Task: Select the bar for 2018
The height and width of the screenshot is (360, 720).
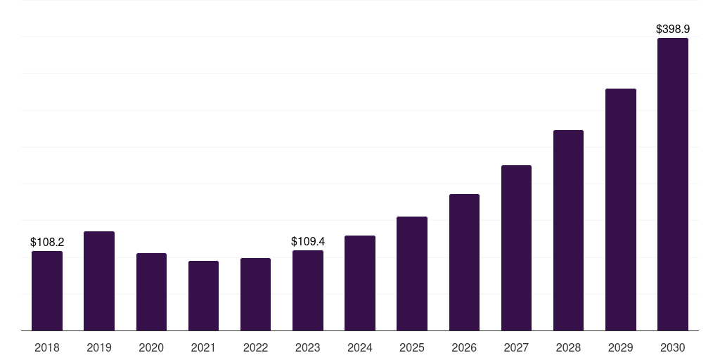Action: pos(47,290)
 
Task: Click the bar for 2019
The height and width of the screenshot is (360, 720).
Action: pos(99,281)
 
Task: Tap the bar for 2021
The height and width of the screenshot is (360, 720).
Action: pos(203,296)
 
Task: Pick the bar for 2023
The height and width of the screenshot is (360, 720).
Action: pos(308,290)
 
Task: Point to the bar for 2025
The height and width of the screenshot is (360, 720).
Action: pos(412,274)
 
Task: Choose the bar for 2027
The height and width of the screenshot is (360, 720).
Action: pos(516,248)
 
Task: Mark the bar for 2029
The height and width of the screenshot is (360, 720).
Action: pos(621,210)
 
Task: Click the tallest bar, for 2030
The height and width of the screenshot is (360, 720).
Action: pos(673,184)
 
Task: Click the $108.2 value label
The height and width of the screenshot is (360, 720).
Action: pos(47,242)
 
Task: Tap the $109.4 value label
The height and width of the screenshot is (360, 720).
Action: pos(308,242)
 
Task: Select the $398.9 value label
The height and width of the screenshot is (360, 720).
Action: pos(673,30)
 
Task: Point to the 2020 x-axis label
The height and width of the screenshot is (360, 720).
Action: pos(151,347)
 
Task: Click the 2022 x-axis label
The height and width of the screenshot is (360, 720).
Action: pos(255,347)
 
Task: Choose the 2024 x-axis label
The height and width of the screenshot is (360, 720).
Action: pos(360,347)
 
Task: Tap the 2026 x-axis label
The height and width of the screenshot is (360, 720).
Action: pos(464,347)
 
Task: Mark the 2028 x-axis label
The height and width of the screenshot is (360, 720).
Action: pos(568,347)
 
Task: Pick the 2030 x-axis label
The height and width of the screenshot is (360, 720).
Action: pos(673,347)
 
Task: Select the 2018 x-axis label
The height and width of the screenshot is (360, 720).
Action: pos(47,347)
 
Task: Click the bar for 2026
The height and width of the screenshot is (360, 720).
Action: pos(464,262)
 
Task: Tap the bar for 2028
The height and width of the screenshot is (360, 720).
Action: pos(568,231)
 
